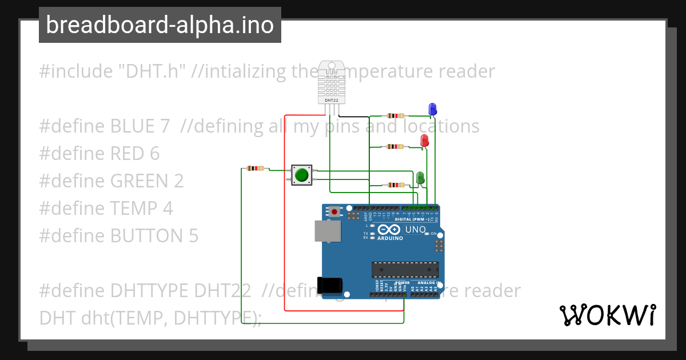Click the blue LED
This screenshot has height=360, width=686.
432,109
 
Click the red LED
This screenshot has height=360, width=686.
424,141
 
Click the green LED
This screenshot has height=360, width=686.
420,178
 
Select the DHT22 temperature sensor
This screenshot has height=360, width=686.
332,82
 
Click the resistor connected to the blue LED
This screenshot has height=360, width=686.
393,115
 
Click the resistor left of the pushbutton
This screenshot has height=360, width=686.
255,168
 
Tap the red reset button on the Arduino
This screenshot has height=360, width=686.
334,212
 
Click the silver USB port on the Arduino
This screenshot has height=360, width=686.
327,231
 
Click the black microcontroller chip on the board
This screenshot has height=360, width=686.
405,269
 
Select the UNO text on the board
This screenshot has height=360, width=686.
415,230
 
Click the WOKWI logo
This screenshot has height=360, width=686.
607,315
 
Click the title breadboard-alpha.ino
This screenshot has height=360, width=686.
159,25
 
